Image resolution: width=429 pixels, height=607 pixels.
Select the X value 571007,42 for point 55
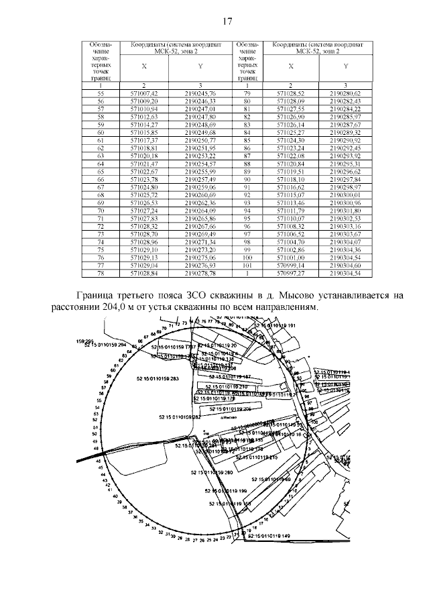pos(143,93)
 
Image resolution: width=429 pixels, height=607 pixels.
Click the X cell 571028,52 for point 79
pos(291,93)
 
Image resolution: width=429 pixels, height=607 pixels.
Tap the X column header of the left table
pos(143,66)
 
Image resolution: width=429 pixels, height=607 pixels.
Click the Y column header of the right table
pos(345,66)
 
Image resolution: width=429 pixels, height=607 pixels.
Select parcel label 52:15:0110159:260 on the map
pos(212,474)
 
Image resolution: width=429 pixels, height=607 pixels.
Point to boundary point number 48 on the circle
pos(98,461)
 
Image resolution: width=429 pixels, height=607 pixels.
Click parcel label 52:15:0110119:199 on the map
pos(229,491)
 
